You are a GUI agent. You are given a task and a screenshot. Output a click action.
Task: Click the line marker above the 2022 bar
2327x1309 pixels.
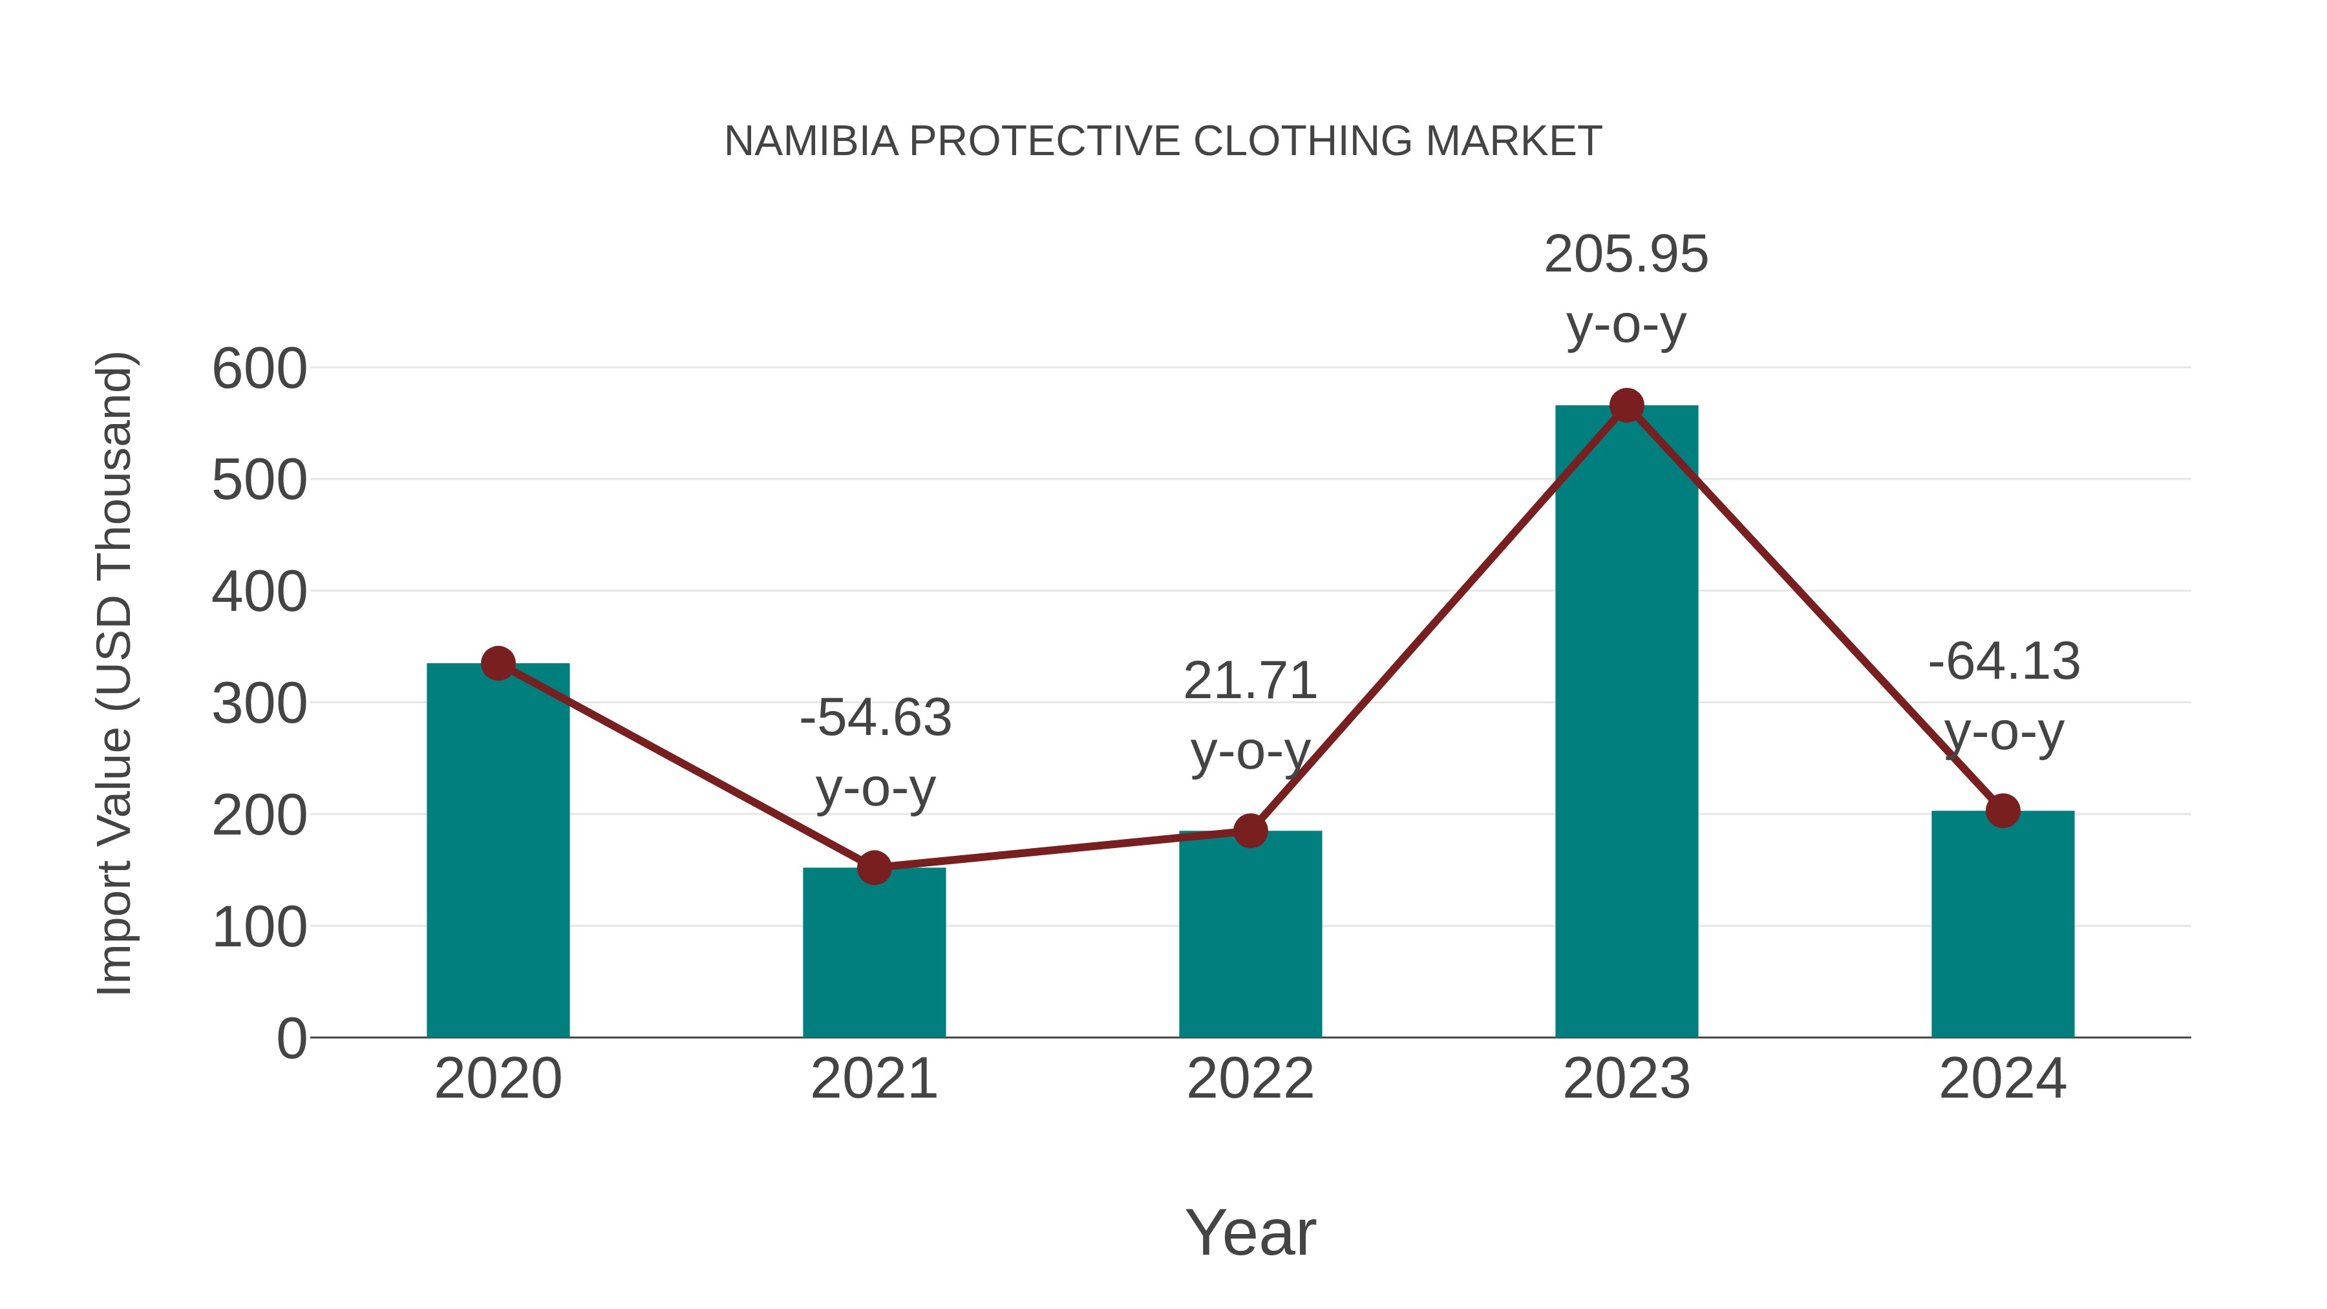[x=1250, y=830]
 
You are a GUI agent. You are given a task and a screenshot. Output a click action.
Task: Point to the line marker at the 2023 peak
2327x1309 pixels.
[x=1626, y=405]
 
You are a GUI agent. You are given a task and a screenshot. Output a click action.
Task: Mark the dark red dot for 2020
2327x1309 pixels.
[x=498, y=663]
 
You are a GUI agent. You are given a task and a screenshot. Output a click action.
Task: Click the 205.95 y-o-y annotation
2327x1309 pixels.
[x=1626, y=288]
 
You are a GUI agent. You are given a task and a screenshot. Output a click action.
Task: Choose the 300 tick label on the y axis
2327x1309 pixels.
[x=259, y=704]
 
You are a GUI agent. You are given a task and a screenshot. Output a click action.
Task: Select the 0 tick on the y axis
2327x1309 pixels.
[x=291, y=1038]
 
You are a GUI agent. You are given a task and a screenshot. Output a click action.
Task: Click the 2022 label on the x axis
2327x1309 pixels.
[x=1250, y=1079]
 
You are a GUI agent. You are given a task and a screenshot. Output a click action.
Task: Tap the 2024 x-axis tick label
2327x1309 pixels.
[x=2003, y=1079]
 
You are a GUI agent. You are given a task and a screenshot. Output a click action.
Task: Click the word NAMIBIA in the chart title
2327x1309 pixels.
[x=811, y=141]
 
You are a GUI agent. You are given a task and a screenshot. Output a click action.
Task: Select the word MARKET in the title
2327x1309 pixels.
[x=1513, y=141]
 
